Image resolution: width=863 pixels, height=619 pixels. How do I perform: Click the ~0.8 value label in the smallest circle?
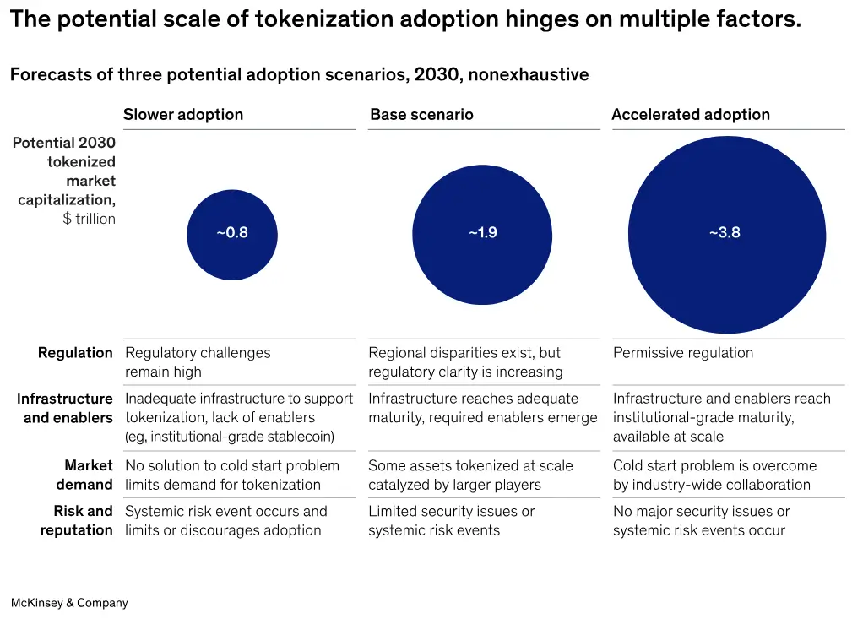click(232, 233)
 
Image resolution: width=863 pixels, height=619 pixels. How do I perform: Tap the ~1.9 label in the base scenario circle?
click(482, 233)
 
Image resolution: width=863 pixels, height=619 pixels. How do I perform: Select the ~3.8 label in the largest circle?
click(725, 233)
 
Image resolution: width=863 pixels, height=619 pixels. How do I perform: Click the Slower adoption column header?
click(183, 115)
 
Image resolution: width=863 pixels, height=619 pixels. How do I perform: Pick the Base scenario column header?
click(421, 115)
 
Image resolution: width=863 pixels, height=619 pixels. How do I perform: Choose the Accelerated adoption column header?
click(690, 115)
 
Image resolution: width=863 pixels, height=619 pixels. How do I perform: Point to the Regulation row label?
click(75, 353)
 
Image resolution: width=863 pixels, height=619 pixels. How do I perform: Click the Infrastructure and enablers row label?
click(65, 408)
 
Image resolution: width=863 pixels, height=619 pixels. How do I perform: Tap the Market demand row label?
click(84, 475)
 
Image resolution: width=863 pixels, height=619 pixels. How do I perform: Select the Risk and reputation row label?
click(78, 520)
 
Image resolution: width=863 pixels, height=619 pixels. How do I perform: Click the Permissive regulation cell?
click(682, 353)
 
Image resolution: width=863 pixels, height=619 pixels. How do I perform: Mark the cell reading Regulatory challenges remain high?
click(198, 362)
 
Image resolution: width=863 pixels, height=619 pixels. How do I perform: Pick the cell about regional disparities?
click(464, 362)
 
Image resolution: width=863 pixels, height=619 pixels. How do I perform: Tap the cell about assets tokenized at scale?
click(469, 475)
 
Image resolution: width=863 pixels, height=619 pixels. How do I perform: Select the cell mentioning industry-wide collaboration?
click(714, 475)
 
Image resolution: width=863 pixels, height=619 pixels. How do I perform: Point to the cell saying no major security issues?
click(701, 520)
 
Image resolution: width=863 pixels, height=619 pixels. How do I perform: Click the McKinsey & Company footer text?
click(69, 603)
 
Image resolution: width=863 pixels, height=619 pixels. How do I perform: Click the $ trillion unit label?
click(89, 220)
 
